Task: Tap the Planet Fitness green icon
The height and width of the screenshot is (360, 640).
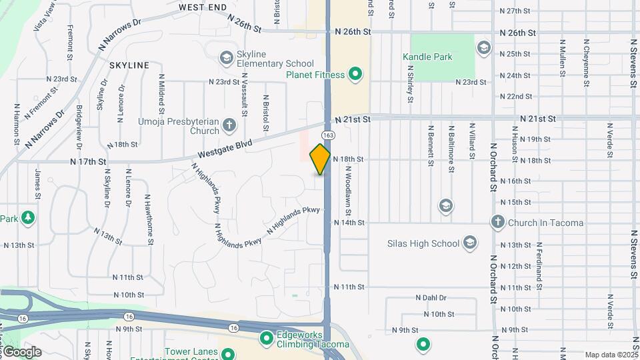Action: pos(355,74)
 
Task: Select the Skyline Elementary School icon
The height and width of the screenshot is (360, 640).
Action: pos(227,59)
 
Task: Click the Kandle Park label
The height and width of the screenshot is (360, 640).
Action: pos(427,57)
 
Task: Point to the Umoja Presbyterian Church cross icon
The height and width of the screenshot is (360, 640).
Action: pos(229,125)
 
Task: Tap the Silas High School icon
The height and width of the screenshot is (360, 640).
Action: pos(470,243)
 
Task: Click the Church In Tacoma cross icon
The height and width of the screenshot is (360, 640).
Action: pos(497,222)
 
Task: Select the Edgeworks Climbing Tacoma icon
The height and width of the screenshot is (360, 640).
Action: pos(267,339)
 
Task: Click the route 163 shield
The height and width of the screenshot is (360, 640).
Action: pos(331,135)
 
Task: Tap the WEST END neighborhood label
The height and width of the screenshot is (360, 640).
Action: pos(203,7)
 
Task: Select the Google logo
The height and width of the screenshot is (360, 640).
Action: pos(21,352)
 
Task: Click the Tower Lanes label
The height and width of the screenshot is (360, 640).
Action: pos(192,351)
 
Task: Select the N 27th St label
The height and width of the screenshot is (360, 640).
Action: pos(519,11)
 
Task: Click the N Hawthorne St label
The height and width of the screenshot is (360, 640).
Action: pos(151,221)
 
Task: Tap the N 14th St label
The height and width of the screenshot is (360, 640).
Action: pos(349,222)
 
